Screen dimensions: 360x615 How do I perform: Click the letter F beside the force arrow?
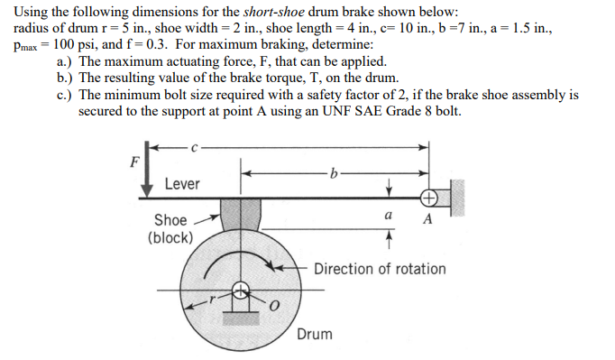click(134, 163)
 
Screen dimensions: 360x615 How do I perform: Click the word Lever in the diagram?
click(182, 184)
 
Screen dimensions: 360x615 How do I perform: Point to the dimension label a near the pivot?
click(387, 217)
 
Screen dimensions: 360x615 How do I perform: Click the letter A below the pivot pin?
click(427, 219)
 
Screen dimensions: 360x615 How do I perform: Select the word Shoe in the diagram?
click(170, 219)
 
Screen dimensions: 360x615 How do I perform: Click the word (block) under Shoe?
click(170, 237)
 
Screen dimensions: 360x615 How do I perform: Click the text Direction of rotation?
click(380, 269)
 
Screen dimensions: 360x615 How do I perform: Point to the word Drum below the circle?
click(314, 334)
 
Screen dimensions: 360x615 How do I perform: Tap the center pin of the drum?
click(240, 291)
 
